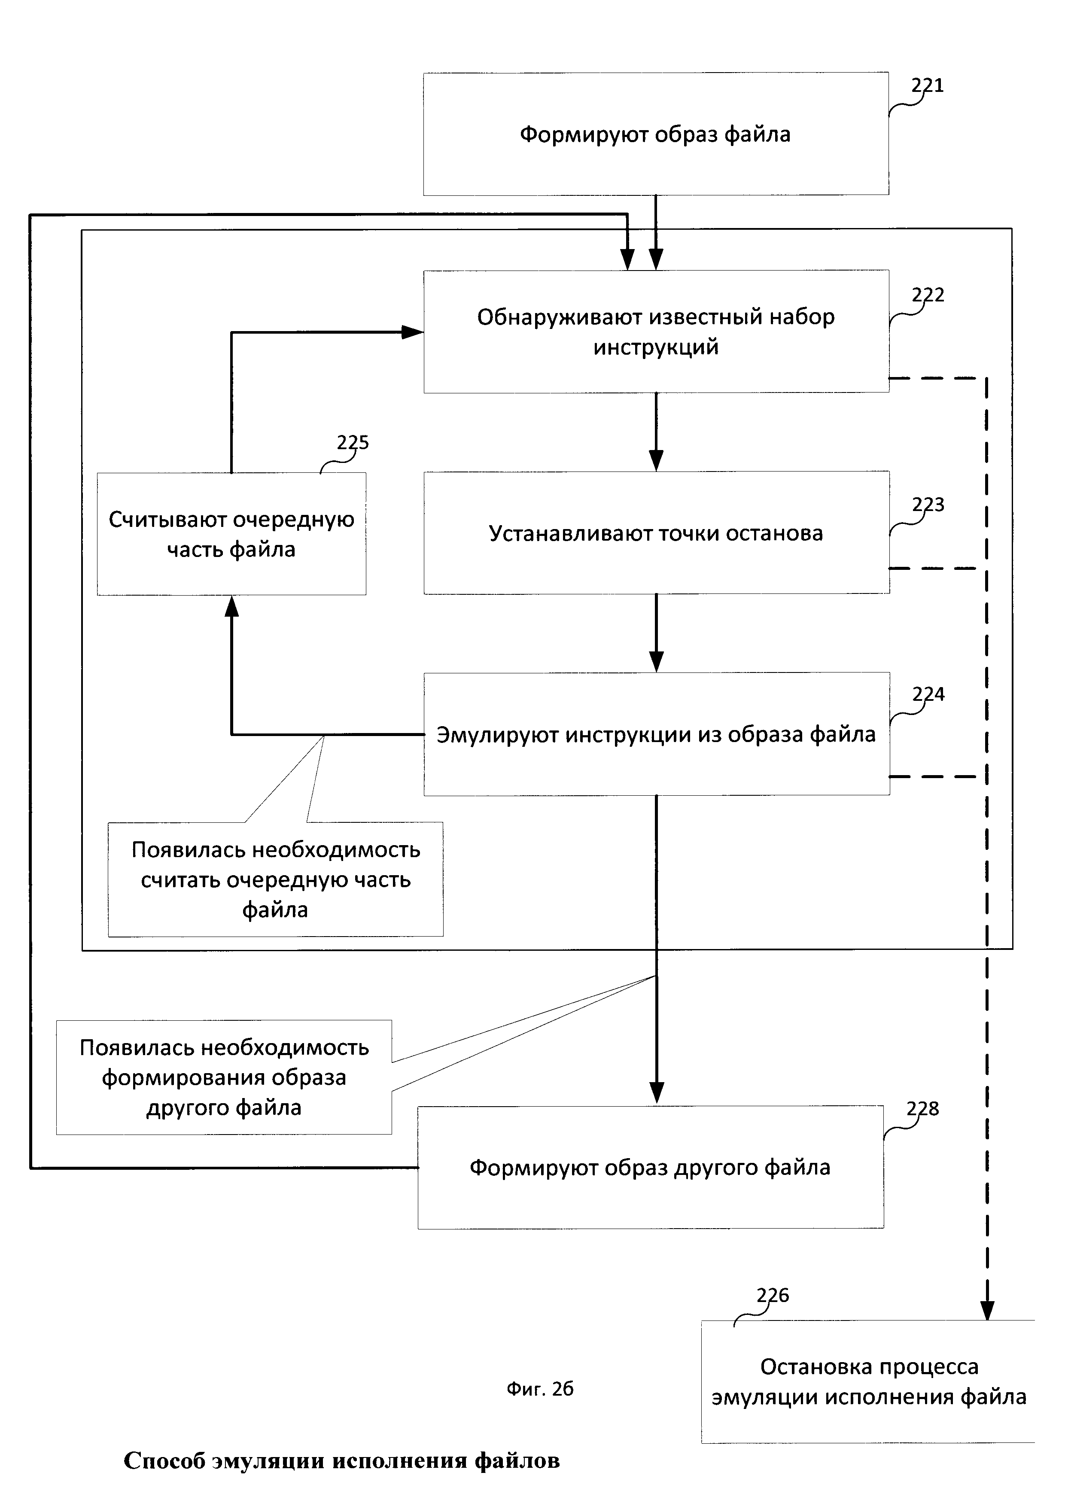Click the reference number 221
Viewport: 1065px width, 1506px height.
coord(927,85)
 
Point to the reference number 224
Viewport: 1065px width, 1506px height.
coord(928,694)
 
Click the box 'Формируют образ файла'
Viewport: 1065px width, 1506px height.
coord(656,134)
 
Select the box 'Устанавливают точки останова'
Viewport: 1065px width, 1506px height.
coord(656,532)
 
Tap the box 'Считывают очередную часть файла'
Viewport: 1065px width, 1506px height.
coord(231,534)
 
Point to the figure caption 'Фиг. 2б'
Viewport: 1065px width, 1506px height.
coord(540,1389)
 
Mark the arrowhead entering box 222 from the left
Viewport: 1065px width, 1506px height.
coord(413,332)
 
